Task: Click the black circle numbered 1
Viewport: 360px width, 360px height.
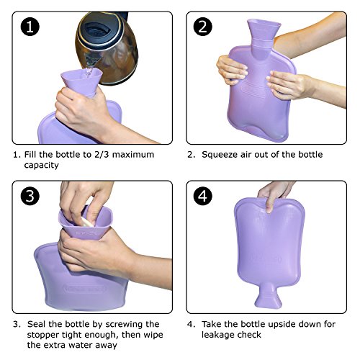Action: [x=30, y=27]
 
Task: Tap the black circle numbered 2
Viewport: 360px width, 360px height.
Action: [x=202, y=27]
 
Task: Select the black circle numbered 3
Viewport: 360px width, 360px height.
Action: [x=30, y=196]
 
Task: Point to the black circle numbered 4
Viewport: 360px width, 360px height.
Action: [x=202, y=196]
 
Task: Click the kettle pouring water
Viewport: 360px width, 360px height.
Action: [x=107, y=48]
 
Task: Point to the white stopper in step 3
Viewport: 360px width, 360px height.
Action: [x=88, y=222]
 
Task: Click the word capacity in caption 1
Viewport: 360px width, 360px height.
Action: [x=41, y=166]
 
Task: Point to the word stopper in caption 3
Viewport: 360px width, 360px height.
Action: [x=43, y=335]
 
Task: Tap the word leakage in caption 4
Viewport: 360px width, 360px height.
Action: [x=219, y=335]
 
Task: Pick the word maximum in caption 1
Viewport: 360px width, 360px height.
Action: [x=133, y=155]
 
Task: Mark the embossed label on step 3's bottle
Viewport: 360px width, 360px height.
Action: [x=84, y=289]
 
